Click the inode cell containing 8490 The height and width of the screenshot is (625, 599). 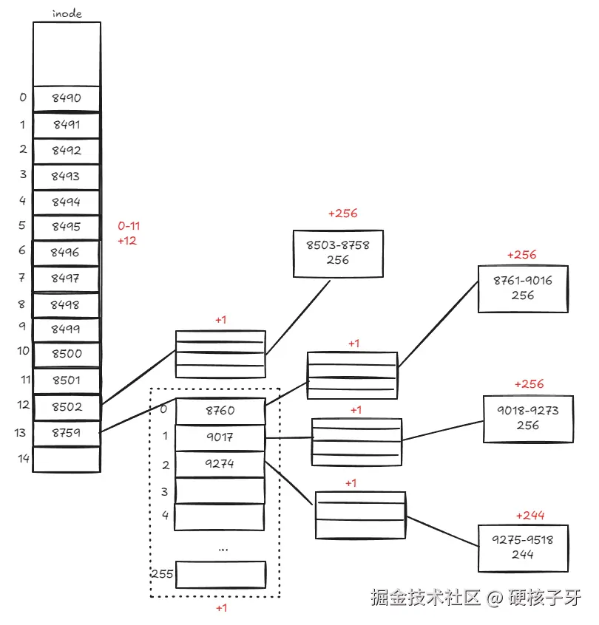click(67, 98)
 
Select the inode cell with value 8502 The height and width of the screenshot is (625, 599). click(67, 406)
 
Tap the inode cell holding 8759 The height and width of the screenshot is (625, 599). click(67, 433)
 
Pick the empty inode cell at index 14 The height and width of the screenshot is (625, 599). click(67, 459)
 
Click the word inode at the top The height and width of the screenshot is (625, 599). click(66, 13)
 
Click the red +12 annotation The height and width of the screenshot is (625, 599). click(127, 241)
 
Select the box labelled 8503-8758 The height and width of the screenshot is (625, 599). click(338, 253)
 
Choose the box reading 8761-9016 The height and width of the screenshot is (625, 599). click(523, 288)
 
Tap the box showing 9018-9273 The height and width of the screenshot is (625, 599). click(528, 419)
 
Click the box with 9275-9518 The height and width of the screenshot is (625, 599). click(523, 547)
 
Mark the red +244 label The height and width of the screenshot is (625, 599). click(529, 515)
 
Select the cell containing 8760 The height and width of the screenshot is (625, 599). click(220, 411)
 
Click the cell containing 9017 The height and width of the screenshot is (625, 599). click(220, 437)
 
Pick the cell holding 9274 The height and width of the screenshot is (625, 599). click(220, 464)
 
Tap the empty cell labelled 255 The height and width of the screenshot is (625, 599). click(220, 574)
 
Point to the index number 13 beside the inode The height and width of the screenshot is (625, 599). click(20, 433)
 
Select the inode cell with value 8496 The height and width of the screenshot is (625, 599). click(67, 252)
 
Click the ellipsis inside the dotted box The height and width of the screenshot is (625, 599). click(223, 549)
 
